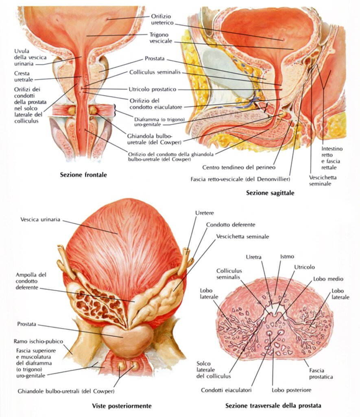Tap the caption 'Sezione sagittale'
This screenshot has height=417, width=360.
tap(270, 193)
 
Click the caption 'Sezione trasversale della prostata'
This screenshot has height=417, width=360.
tap(273, 406)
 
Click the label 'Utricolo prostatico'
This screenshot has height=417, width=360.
tap(155, 89)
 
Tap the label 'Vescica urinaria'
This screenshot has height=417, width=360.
tap(40, 219)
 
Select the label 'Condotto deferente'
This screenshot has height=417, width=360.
tap(231, 224)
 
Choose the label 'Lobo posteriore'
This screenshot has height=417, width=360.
tap(292, 390)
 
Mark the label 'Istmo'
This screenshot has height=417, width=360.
tap(287, 257)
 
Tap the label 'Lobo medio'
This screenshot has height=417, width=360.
tap(328, 279)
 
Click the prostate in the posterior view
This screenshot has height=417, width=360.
tap(128, 336)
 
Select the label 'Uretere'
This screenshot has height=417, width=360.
tap(205, 213)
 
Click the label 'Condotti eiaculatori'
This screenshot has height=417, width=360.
tap(226, 390)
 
